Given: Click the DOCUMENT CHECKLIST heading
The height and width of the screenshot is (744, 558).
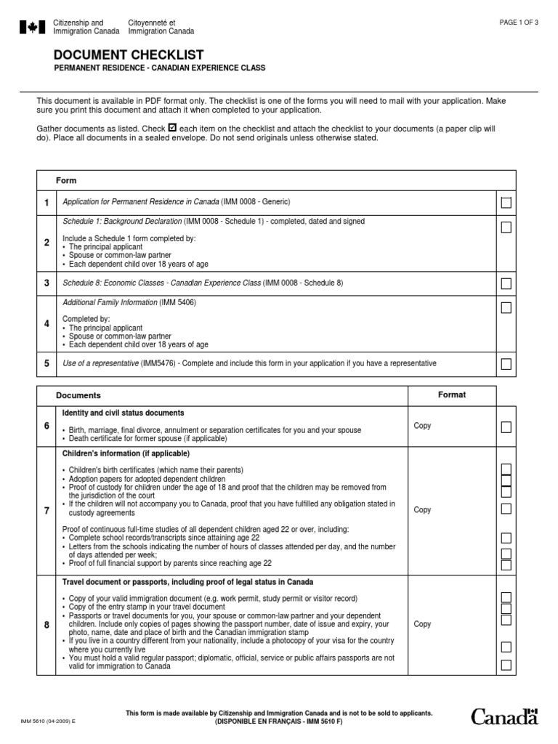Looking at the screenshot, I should [x=129, y=55].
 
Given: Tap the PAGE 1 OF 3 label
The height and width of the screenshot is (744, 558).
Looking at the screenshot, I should [x=519, y=23].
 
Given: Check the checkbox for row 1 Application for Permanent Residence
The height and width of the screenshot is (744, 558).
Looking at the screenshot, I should [x=506, y=202].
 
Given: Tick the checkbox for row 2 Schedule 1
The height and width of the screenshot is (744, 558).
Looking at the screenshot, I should [x=506, y=227].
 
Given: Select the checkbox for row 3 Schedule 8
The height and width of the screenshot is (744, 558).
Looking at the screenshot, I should [x=506, y=283].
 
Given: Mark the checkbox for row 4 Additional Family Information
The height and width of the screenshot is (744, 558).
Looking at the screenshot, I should [x=506, y=308].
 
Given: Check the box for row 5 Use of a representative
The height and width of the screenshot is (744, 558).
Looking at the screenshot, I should [x=506, y=363].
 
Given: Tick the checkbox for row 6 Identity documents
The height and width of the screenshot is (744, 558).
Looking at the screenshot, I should [x=506, y=426].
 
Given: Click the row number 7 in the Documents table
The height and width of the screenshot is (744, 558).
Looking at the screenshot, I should [x=46, y=511].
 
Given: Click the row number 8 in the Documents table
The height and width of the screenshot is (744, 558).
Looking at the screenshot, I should [x=46, y=624].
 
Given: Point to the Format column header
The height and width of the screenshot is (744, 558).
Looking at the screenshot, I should [x=451, y=395].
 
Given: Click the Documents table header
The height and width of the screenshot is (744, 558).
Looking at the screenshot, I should [x=81, y=396].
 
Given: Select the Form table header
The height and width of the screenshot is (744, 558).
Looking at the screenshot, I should [x=66, y=180].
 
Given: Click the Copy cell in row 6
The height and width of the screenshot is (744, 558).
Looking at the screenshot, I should [x=422, y=426].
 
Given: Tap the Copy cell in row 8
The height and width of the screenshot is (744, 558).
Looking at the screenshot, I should [x=422, y=624].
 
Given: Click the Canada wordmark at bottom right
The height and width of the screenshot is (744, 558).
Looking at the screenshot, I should [x=505, y=717].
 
